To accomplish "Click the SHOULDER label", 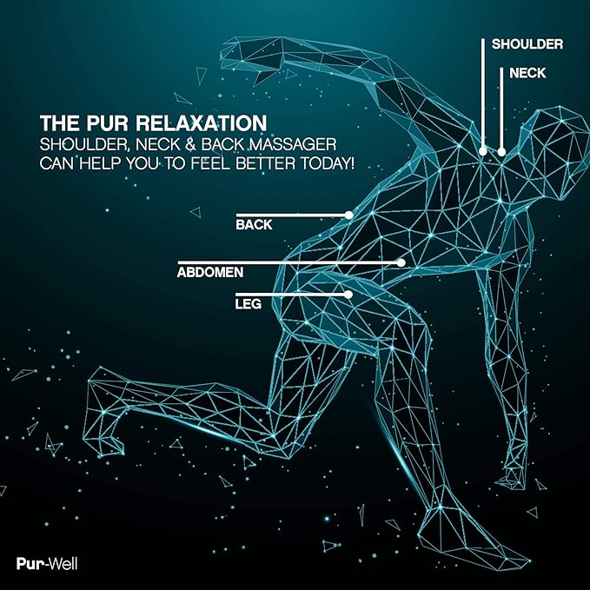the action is (527, 44).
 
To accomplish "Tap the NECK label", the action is (527, 73).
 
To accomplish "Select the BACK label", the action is (254, 225).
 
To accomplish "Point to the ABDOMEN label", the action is (210, 272).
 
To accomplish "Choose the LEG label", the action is (249, 303).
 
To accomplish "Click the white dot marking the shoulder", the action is (483, 152).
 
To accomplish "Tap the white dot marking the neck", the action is (501, 152).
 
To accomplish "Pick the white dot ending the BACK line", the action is (349, 215).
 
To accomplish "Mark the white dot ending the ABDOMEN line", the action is (401, 262).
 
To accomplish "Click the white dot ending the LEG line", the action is (348, 295).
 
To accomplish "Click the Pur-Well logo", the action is (47, 564).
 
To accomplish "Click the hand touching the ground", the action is (511, 481).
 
